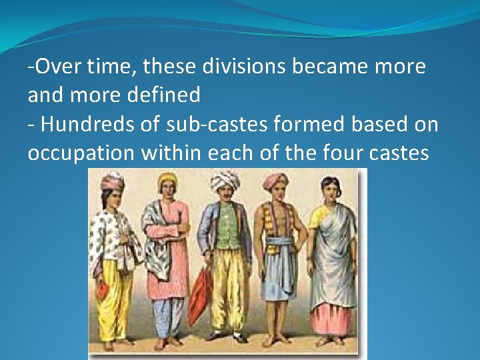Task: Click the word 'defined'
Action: (167, 95)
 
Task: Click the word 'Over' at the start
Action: (54, 67)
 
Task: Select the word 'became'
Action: (330, 67)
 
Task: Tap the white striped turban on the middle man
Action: (225, 179)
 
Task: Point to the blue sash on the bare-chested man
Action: (278, 243)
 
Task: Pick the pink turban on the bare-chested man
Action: (275, 179)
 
